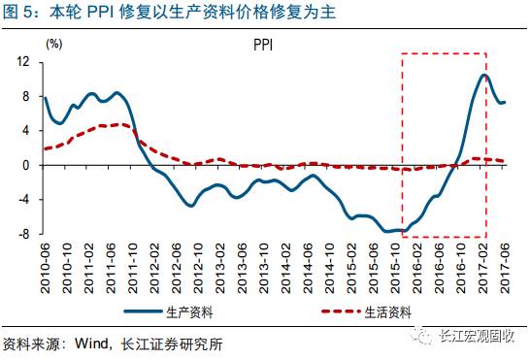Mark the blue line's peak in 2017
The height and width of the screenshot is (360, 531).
click(x=483, y=75)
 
